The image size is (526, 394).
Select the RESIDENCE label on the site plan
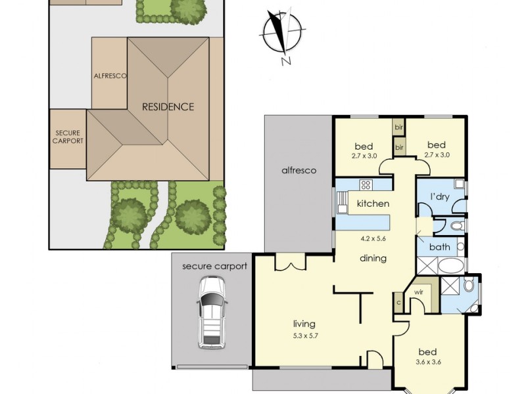[x=168, y=106]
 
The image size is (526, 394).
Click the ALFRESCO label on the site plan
[x=110, y=76]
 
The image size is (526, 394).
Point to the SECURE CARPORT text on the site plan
[x=68, y=136]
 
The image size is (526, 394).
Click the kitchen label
[x=373, y=204]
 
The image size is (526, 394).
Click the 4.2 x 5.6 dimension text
[x=373, y=238]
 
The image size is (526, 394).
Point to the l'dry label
[x=440, y=196]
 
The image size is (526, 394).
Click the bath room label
[x=439, y=248]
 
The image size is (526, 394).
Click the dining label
[x=372, y=258]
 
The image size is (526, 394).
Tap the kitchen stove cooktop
[x=366, y=185]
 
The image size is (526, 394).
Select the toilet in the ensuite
[x=468, y=286]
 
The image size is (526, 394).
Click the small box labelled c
[x=399, y=303]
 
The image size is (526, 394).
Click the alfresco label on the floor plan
[x=299, y=170]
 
